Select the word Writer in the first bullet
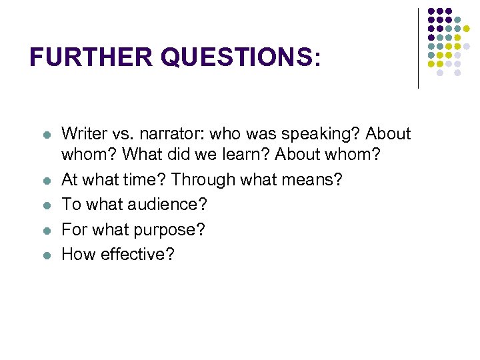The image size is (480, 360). (x=83, y=134)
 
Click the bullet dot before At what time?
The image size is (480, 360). (x=46, y=181)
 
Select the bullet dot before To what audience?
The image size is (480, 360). (x=46, y=205)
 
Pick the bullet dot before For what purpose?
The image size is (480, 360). (x=46, y=230)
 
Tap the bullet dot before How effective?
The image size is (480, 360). (x=46, y=255)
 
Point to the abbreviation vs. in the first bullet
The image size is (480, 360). (x=120, y=134)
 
